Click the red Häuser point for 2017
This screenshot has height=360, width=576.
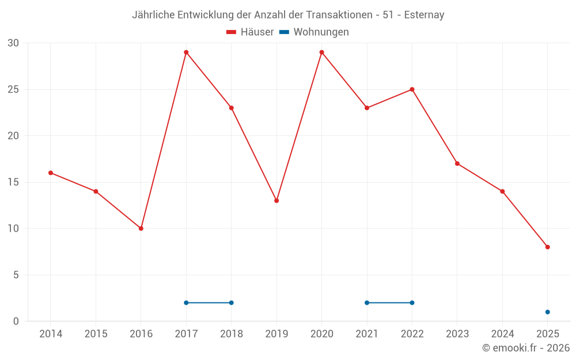pyautogui.click(x=186, y=52)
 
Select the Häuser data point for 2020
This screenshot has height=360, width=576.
pyautogui.click(x=321, y=52)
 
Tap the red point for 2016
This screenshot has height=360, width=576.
pyautogui.click(x=141, y=229)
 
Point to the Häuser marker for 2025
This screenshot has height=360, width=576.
pyautogui.click(x=548, y=247)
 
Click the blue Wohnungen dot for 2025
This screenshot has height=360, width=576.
pyautogui.click(x=548, y=312)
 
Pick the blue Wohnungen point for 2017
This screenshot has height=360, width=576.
pyautogui.click(x=186, y=303)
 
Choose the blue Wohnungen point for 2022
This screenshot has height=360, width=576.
pyautogui.click(x=412, y=303)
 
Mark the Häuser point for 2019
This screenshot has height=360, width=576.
pyautogui.click(x=276, y=200)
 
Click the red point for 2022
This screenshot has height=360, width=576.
pyautogui.click(x=412, y=89)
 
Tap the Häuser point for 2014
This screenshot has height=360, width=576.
pyautogui.click(x=51, y=173)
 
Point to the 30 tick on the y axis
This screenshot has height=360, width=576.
pyautogui.click(x=13, y=43)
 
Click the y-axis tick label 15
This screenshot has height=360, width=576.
pyautogui.click(x=13, y=182)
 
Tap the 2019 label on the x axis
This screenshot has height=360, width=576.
pyautogui.click(x=276, y=334)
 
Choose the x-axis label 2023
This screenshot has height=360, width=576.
pyautogui.click(x=457, y=334)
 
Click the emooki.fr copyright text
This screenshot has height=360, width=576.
pyautogui.click(x=526, y=348)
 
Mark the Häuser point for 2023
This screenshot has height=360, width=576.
pyautogui.click(x=457, y=164)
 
